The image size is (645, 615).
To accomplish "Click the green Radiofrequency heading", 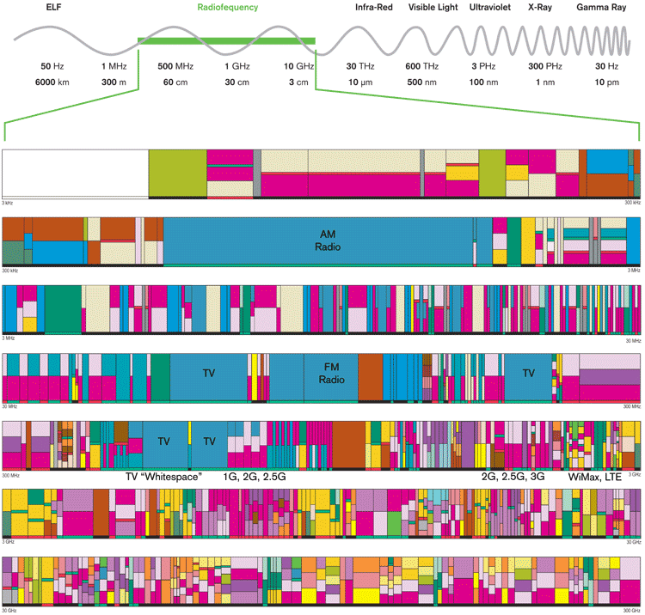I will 228,7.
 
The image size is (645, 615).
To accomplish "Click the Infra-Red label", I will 359,7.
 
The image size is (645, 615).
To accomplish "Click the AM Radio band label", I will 328,241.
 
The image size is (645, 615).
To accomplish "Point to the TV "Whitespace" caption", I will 163,476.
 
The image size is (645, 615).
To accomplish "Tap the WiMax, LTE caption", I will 596,476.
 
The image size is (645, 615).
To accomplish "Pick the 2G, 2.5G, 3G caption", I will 512,476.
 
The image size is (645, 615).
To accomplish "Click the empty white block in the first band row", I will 75,172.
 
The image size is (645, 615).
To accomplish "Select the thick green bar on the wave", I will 227,40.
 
